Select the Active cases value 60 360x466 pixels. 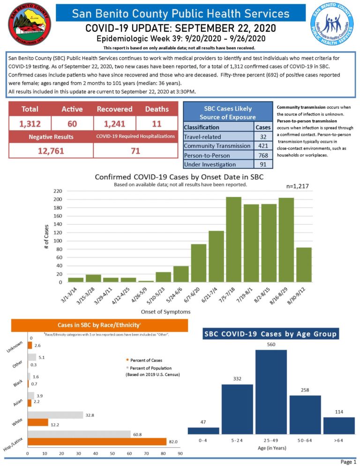(x=72, y=124)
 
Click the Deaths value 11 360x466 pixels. (x=157, y=124)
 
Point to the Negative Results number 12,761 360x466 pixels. (x=50, y=150)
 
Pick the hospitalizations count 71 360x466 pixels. (x=135, y=150)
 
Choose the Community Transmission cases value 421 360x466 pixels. (x=262, y=146)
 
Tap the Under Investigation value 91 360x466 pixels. (x=262, y=164)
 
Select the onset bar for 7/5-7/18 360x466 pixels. (x=233, y=239)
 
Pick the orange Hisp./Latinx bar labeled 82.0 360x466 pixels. (x=97, y=442)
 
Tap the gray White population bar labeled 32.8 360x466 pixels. (x=55, y=415)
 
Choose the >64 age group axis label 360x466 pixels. (x=339, y=441)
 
